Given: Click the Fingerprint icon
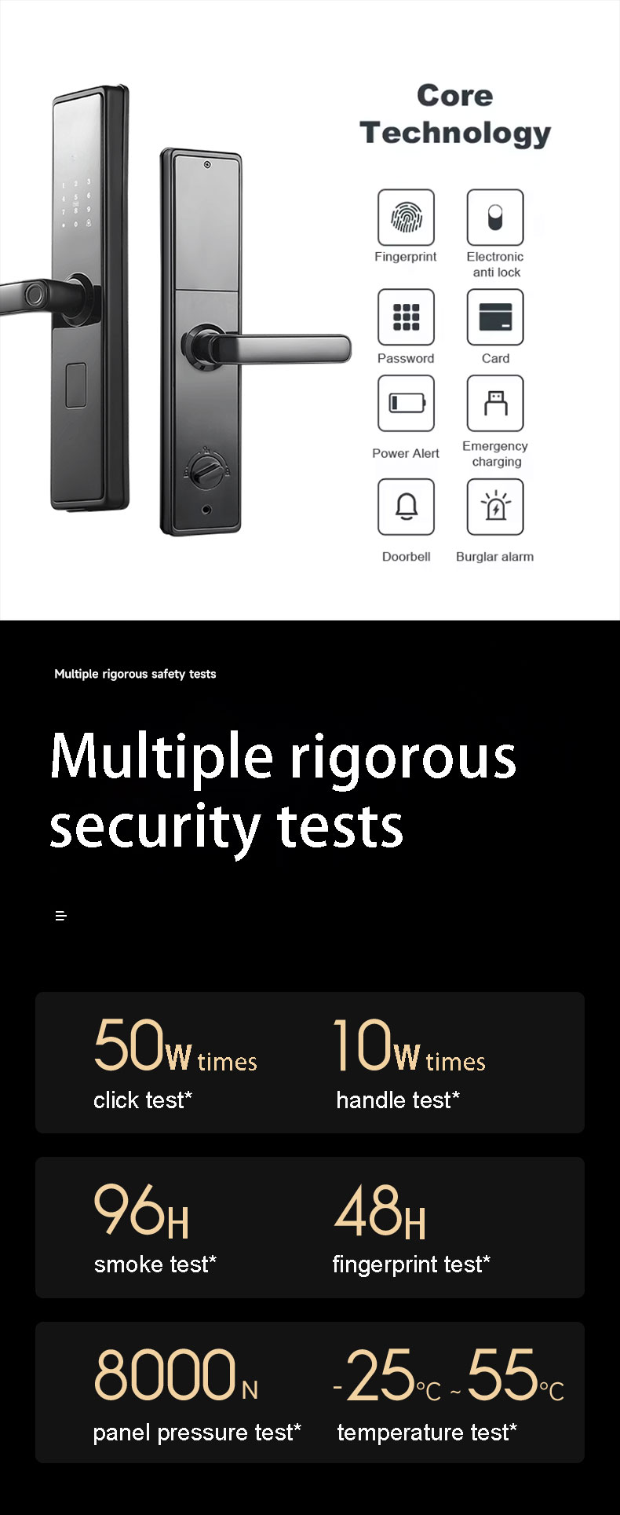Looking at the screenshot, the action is coord(406,218).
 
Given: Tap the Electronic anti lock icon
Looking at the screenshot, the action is coord(495,218).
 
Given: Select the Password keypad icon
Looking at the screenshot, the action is coord(406,317).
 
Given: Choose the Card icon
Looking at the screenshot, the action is coord(495,317).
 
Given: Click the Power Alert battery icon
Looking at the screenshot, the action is coord(406,404).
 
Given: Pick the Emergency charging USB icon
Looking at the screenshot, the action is coord(495,404).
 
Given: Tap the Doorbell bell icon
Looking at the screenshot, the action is coord(406,507).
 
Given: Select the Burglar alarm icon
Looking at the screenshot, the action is coord(495,507).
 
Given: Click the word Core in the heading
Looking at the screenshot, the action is coord(455,96).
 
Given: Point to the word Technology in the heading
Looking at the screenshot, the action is coord(455,134).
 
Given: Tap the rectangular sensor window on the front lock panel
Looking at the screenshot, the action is coord(75,385).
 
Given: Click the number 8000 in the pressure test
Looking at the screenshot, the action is coord(165,1375).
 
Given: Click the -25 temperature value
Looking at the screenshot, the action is coord(374,1375).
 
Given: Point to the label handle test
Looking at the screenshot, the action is coord(398,1100).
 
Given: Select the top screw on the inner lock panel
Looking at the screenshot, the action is coord(207,165).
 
